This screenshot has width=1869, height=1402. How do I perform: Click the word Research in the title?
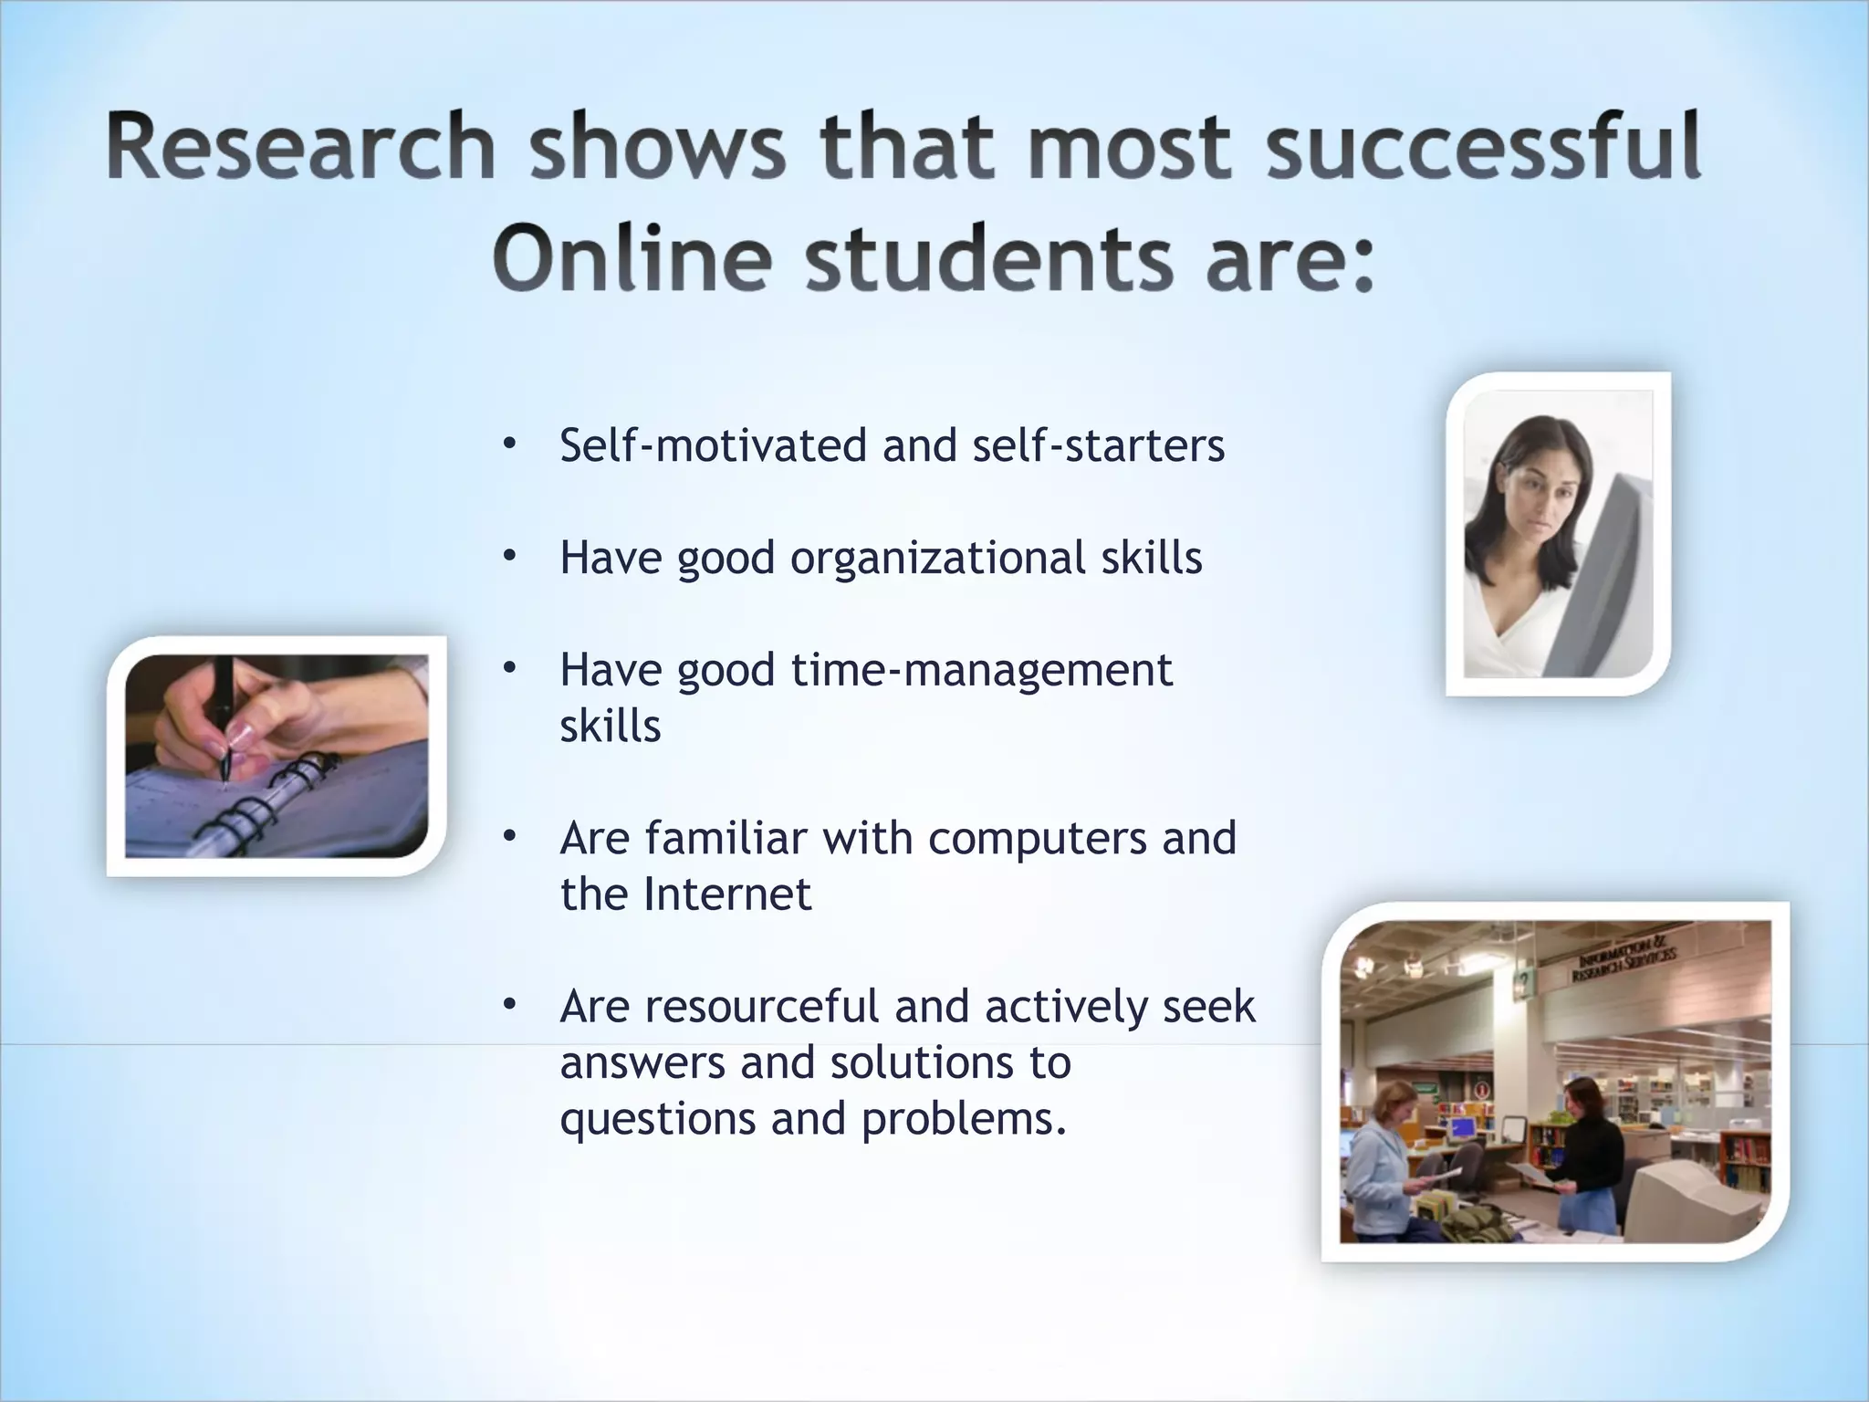pyautogui.click(x=300, y=148)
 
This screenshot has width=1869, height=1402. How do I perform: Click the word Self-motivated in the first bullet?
pyautogui.click(x=713, y=446)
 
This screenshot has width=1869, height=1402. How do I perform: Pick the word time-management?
pyautogui.click(x=981, y=671)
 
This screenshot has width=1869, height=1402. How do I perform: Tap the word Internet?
pyautogui.click(x=726, y=895)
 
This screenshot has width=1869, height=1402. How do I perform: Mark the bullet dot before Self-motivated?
pyautogui.click(x=509, y=445)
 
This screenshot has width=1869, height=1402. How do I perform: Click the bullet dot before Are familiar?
pyautogui.click(x=509, y=837)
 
